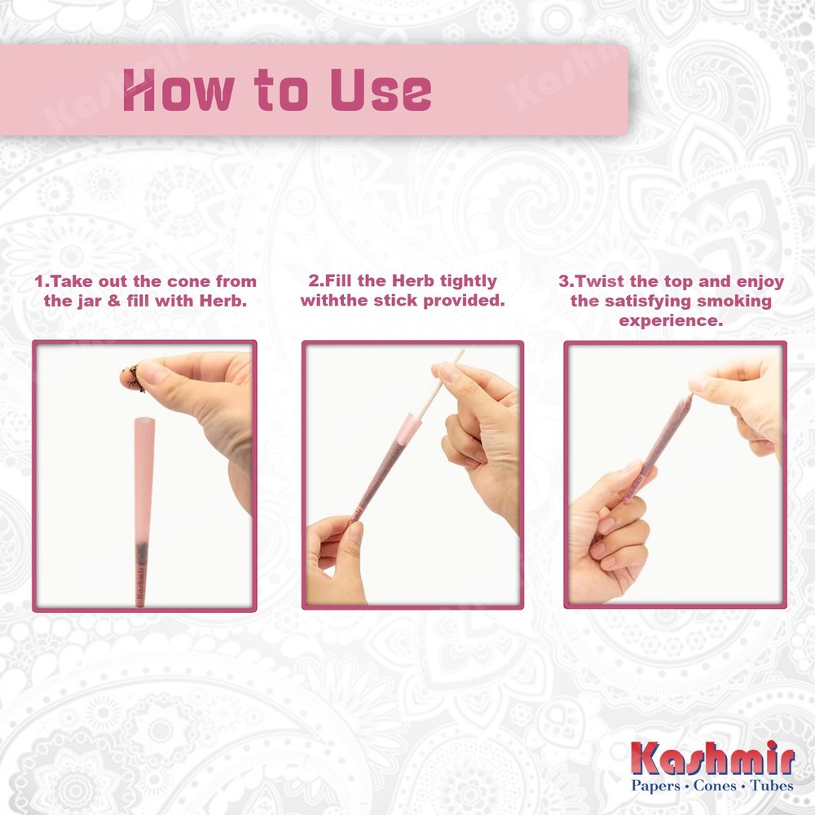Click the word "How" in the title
click(177, 90)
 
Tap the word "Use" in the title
click(381, 90)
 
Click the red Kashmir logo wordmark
click(712, 758)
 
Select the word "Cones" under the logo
click(716, 785)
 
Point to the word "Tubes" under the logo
click(773, 785)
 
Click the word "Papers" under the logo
click(656, 786)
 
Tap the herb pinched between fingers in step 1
click(132, 377)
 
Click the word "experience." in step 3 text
click(671, 321)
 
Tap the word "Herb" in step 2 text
click(413, 280)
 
